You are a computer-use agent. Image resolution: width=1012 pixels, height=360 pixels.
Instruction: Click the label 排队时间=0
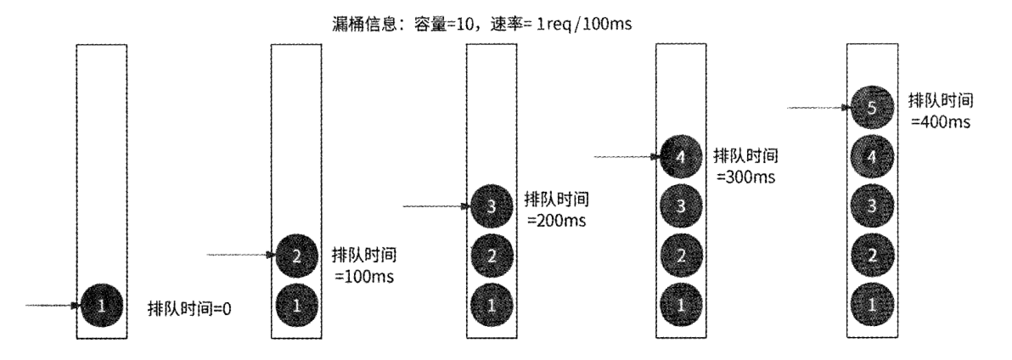190,308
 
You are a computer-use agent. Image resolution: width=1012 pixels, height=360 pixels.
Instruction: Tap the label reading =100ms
365,277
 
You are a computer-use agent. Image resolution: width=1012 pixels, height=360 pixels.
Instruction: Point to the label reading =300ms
747,178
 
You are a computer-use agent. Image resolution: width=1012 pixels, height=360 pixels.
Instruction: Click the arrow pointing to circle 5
820,107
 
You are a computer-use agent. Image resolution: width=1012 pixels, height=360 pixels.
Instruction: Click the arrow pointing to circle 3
436,205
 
